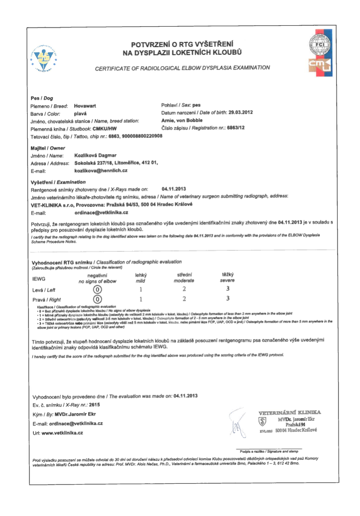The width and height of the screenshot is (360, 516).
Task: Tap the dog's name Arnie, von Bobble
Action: pos(181,121)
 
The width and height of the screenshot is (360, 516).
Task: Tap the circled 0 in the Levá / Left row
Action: pos(98,289)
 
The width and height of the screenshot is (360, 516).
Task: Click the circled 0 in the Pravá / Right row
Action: pos(98,299)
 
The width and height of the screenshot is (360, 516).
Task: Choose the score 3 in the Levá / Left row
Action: pos(228,289)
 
